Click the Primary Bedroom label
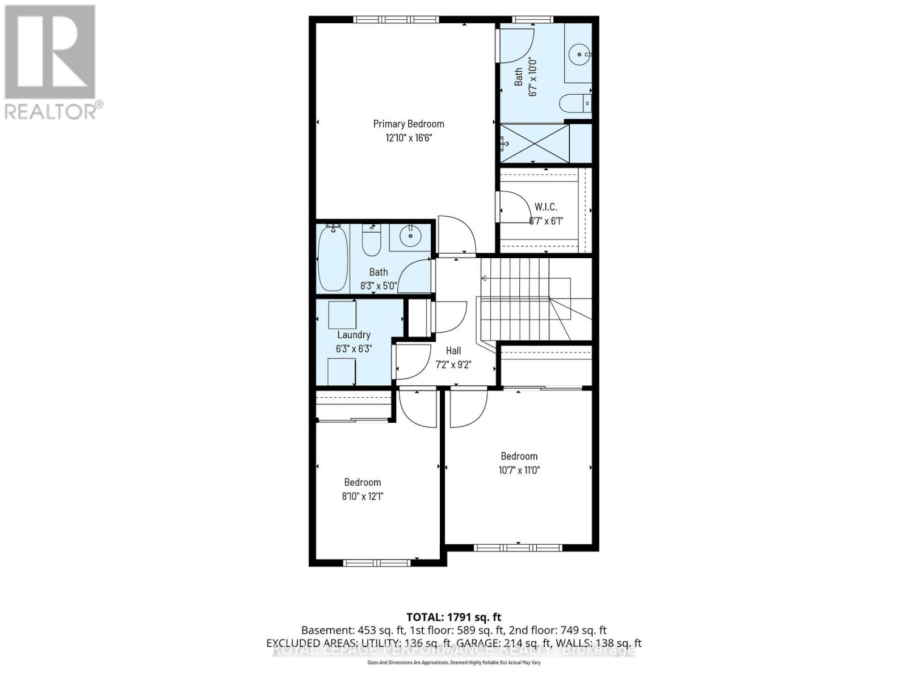(x=409, y=124)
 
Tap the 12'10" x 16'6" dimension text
(x=409, y=138)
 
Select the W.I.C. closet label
(x=545, y=207)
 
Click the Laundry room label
(x=354, y=335)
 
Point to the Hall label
(x=453, y=351)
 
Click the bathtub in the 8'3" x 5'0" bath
(x=333, y=258)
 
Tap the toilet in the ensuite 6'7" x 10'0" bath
(x=575, y=104)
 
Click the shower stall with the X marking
(x=534, y=144)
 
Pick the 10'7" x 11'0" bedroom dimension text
(x=519, y=470)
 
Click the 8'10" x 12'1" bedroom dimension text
(x=362, y=496)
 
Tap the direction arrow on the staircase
(x=484, y=278)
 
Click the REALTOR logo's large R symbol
(x=50, y=52)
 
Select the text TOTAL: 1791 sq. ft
(x=453, y=617)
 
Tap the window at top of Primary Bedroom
(x=396, y=20)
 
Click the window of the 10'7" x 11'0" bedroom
(x=518, y=548)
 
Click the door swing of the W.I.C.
(x=514, y=206)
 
